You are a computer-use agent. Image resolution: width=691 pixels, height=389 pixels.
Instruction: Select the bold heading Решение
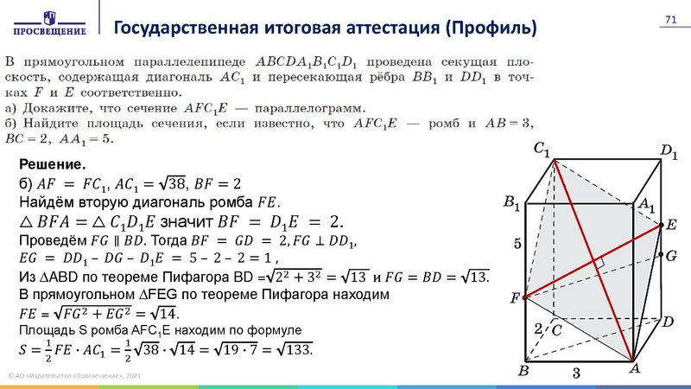[51, 164]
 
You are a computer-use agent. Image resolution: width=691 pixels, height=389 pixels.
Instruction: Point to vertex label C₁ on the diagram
[542, 150]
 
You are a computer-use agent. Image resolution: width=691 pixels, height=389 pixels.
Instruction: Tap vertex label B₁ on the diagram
[511, 204]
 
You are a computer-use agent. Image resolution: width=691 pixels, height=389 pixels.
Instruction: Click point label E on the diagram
[671, 225]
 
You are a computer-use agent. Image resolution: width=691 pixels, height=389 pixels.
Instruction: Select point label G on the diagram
[671, 256]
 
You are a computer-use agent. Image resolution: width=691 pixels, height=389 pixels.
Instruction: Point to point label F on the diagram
[515, 298]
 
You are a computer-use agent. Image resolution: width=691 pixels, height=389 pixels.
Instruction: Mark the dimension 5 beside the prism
[517, 245]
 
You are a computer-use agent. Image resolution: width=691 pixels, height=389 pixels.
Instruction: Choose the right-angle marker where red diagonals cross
[598, 260]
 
